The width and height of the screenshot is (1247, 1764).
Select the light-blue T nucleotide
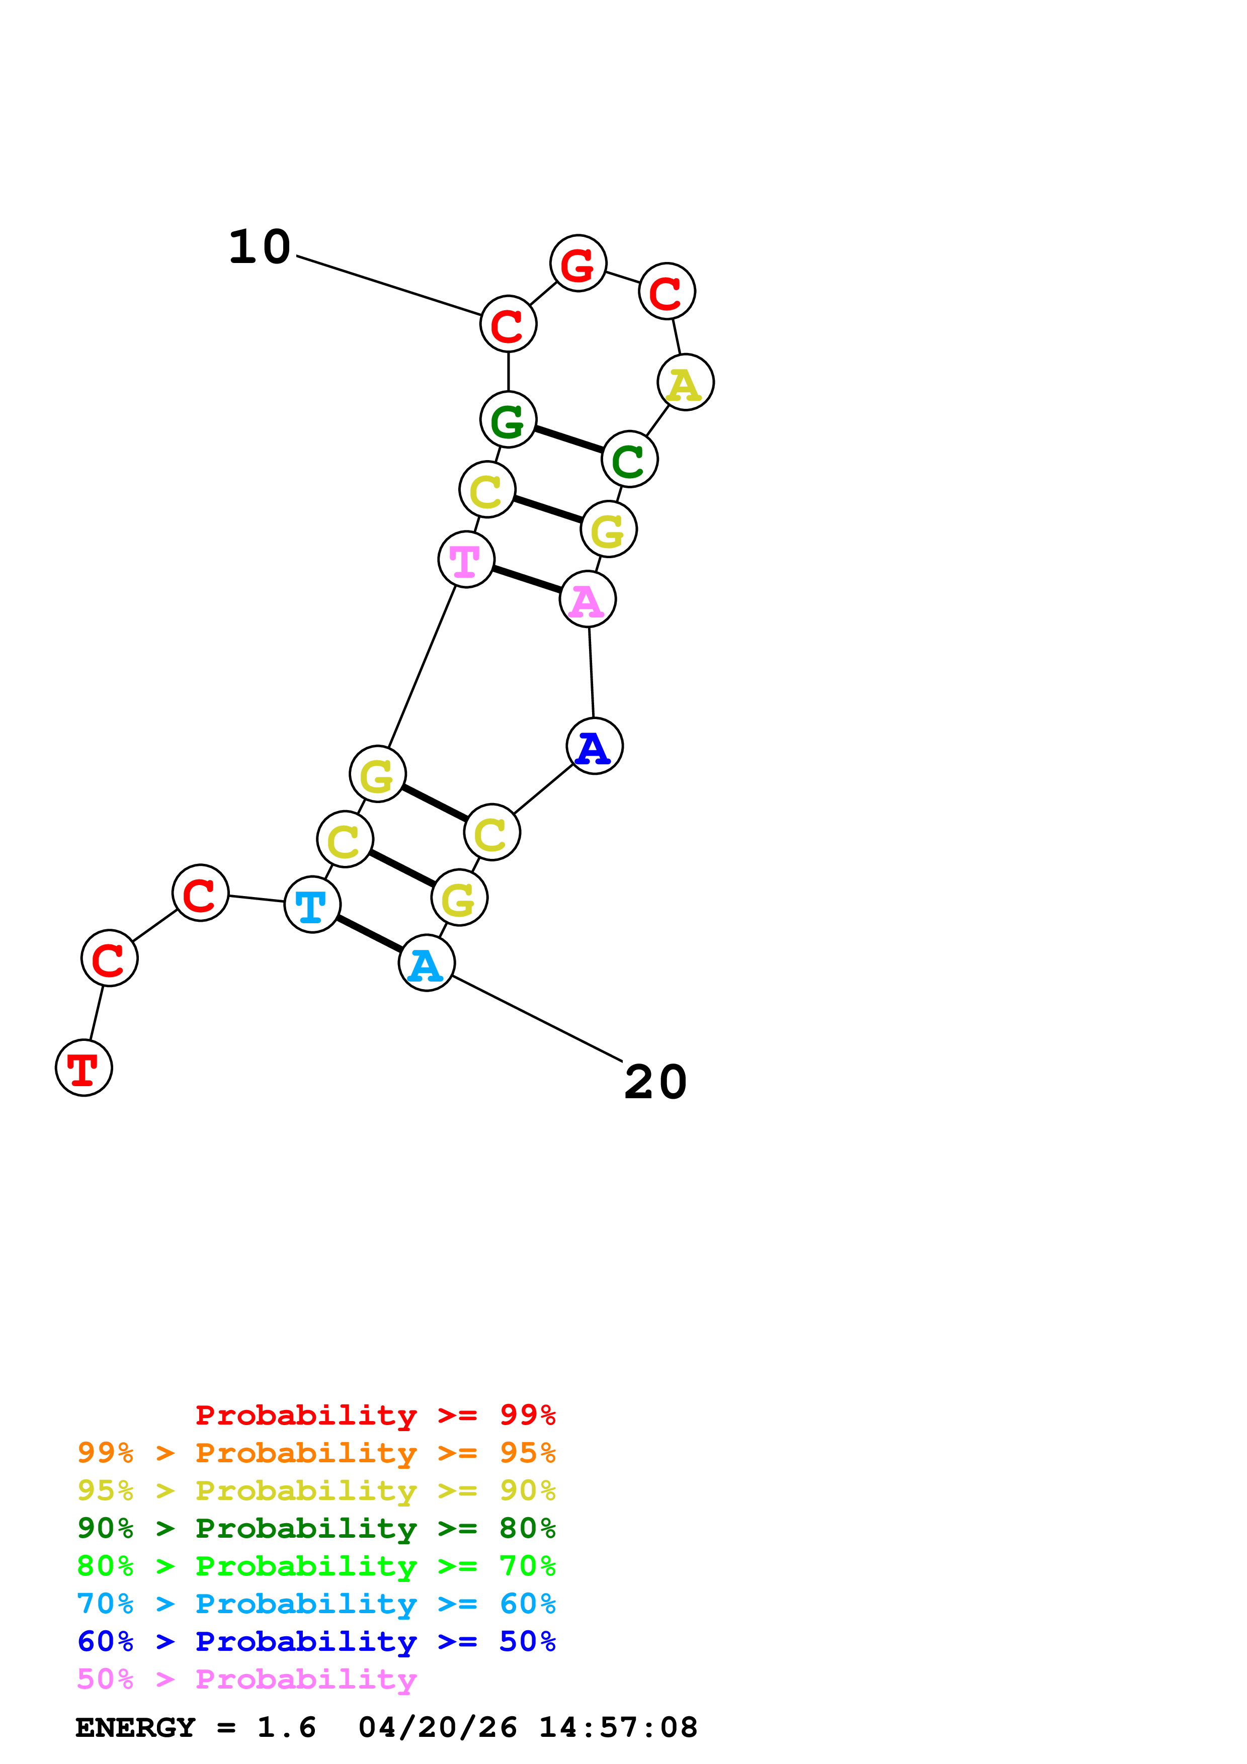312,904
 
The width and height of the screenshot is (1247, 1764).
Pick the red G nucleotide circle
578,263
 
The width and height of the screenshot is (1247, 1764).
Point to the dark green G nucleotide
508,419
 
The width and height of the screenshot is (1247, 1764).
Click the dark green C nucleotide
629,460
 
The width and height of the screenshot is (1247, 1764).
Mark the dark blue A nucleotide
594,746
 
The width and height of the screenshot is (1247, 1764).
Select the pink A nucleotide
588,599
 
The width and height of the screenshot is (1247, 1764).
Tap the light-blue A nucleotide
427,962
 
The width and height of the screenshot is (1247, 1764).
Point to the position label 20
655,1083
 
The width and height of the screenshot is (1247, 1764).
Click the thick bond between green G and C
568,439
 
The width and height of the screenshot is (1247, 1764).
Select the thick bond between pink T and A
526,579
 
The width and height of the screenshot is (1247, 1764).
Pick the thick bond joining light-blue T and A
369,933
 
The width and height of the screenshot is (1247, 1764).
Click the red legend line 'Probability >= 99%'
375,1415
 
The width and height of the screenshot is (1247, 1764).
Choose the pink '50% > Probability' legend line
246,1680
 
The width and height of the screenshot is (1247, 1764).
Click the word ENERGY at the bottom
135,1728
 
